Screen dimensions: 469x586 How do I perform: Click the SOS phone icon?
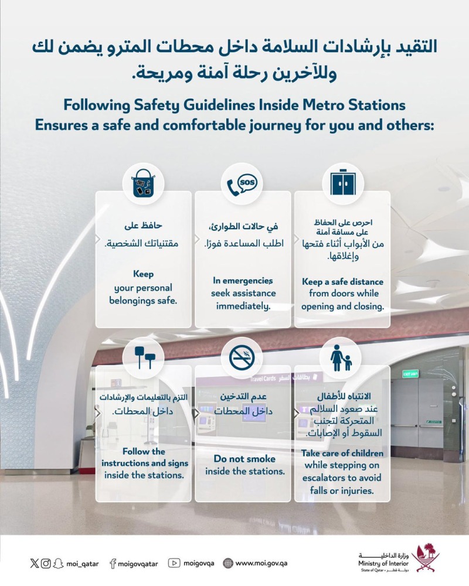coord(242,185)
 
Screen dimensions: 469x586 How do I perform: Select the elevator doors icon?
coord(342,183)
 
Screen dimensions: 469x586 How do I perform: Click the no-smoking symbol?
coord(242,357)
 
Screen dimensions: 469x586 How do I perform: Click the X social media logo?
coord(35,563)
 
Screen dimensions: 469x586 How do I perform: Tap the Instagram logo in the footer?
coord(46,563)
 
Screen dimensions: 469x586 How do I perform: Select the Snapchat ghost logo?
coord(57,563)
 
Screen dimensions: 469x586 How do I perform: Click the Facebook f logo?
coord(113,564)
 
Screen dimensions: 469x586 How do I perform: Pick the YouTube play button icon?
coord(174,563)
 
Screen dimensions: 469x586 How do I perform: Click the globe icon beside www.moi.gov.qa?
coord(228,563)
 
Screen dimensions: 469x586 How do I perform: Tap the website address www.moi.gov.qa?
coord(261,563)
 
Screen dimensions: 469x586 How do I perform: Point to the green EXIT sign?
coord(410,374)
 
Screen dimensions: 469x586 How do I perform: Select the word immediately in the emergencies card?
coord(243,306)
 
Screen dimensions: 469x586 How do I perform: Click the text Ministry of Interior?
coord(383,563)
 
